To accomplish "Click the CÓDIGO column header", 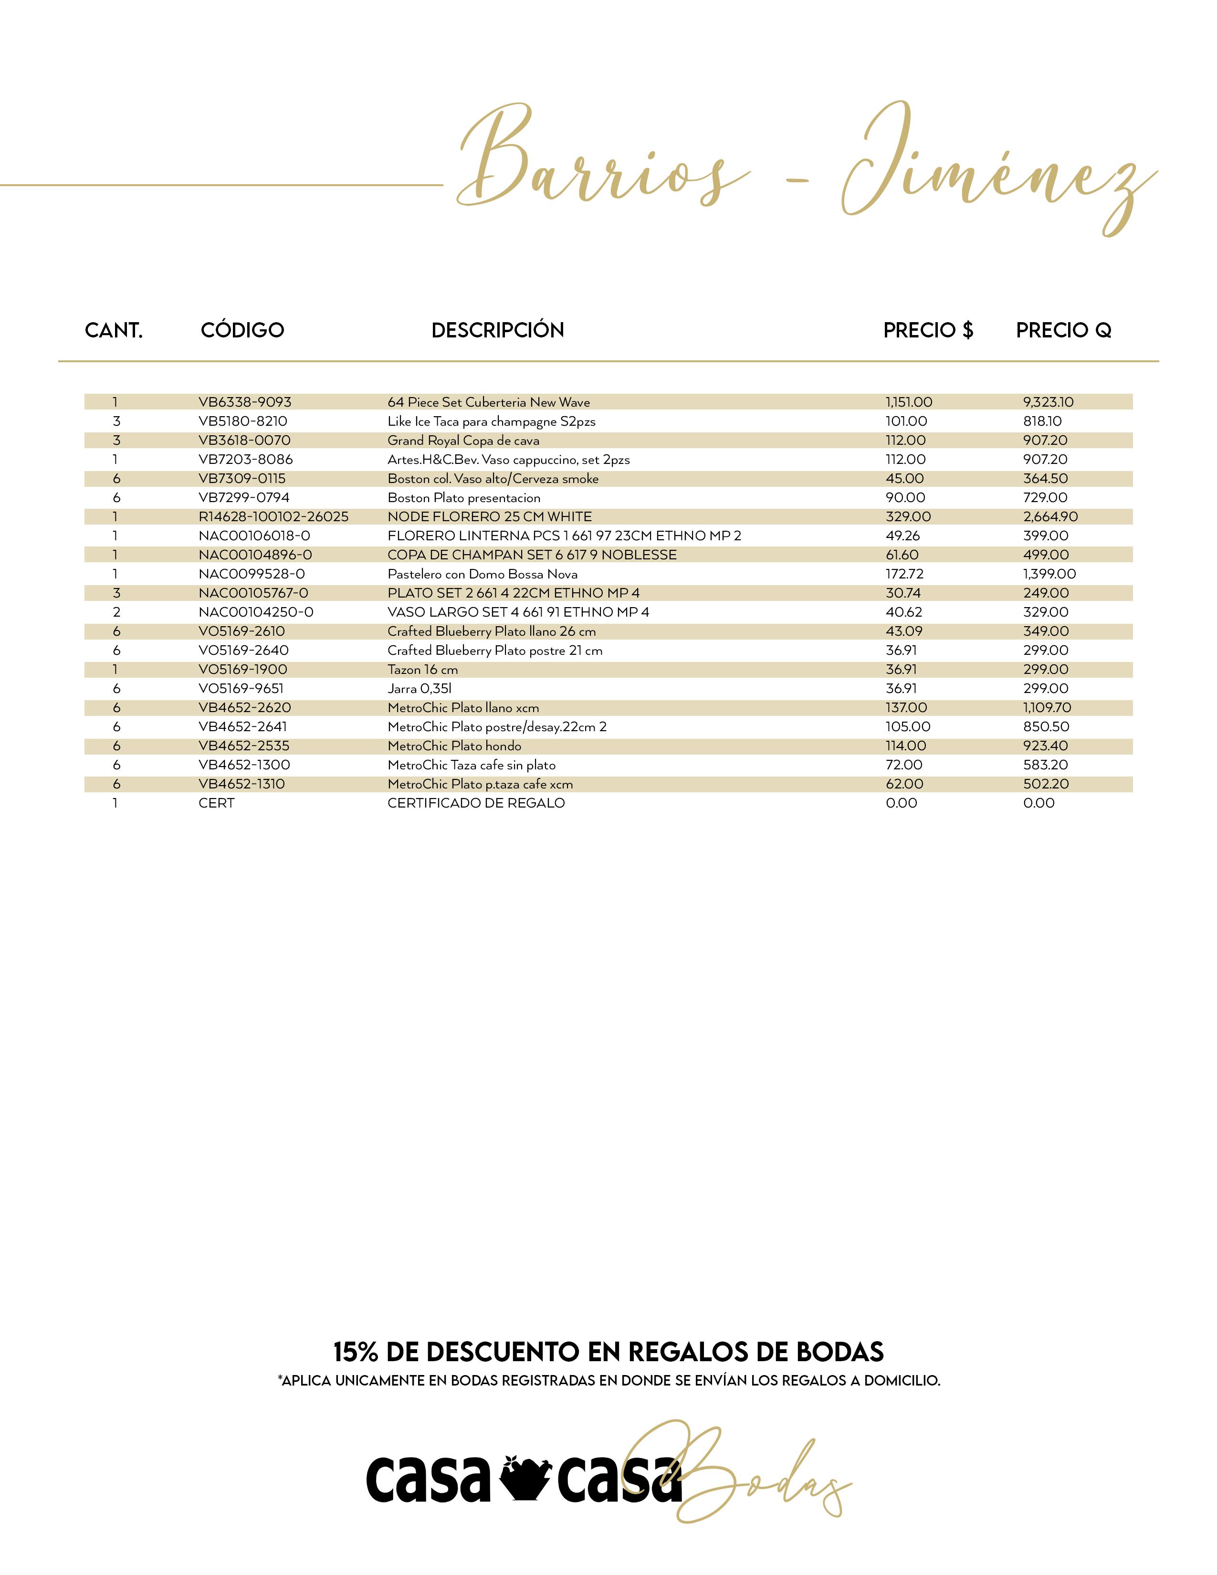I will click(x=242, y=330).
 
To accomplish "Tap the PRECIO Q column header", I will click(x=1063, y=330).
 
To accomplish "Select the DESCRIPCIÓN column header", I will click(x=497, y=330).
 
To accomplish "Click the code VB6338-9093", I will click(x=245, y=402).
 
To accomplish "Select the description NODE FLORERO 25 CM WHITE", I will click(x=490, y=517).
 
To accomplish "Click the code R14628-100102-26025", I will click(x=273, y=517).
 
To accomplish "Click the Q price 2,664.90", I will click(x=1050, y=517).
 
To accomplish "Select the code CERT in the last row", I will click(x=216, y=803).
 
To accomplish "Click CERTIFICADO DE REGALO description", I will click(x=476, y=803).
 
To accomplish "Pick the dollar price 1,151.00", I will click(x=908, y=402).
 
